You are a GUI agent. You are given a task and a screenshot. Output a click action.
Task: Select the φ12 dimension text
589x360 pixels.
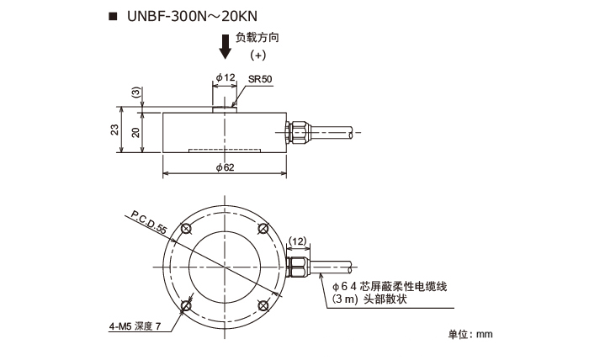click(225, 77)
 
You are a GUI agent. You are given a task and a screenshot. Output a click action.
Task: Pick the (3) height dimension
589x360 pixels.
click(135, 92)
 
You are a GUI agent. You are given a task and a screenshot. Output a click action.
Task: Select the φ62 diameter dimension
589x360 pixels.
click(226, 168)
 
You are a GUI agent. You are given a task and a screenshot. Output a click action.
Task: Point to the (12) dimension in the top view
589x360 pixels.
click(298, 241)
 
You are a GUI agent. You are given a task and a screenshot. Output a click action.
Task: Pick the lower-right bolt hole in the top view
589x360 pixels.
click(264, 303)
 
